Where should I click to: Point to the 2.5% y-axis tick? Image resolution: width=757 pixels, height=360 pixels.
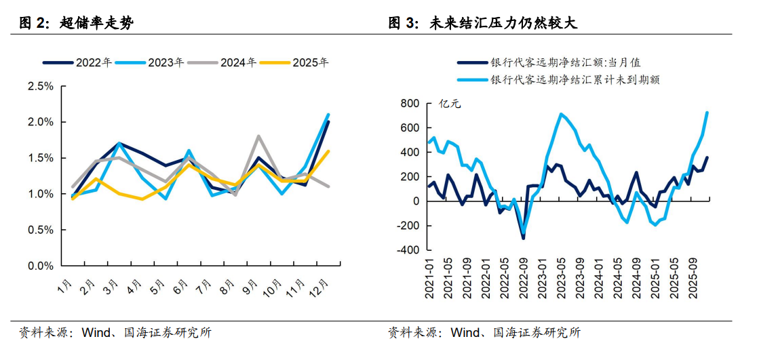[40, 87]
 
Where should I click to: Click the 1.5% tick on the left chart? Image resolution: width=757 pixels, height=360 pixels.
[40, 158]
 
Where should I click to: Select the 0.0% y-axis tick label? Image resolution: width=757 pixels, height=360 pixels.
[40, 266]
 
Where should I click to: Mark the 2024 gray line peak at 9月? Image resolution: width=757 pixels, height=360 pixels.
[258, 136]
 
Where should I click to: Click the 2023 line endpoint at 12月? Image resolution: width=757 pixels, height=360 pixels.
[329, 115]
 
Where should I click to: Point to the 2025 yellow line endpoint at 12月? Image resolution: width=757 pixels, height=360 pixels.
[329, 151]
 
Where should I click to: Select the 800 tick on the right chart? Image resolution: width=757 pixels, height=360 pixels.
[410, 103]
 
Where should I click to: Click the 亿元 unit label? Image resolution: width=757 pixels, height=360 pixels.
[449, 104]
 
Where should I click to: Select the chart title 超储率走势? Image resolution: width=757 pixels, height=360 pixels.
[96, 24]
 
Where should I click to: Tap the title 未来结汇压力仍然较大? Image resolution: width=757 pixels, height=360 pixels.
[503, 24]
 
